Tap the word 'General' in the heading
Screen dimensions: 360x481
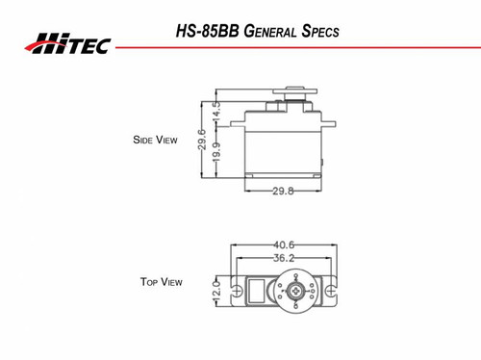coord(266,31)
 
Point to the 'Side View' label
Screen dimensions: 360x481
coord(155,141)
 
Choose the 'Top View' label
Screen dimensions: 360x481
coord(161,282)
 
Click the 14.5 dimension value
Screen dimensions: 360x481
coord(216,111)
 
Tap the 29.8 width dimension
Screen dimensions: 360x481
coord(283,191)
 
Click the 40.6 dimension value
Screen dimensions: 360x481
coord(284,244)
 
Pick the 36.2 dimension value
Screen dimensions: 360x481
coord(284,258)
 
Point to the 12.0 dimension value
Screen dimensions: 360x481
coord(216,289)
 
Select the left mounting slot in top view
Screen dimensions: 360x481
coord(238,289)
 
